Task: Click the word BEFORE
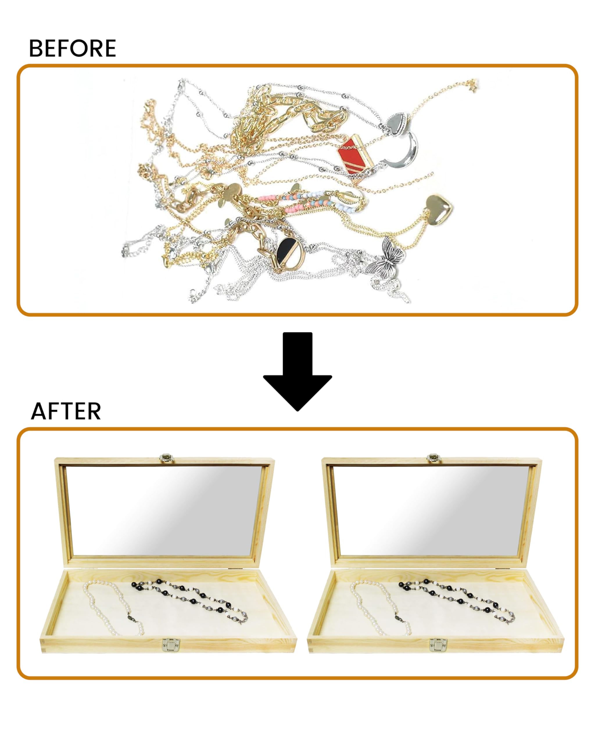tap(72, 48)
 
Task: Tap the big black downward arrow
tap(297, 372)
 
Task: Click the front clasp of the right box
tap(438, 645)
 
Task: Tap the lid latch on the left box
tap(166, 458)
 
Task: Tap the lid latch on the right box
tap(434, 458)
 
